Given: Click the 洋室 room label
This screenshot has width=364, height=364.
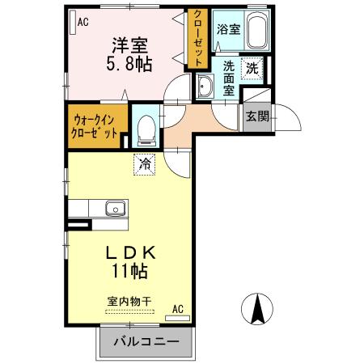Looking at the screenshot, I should [128, 44].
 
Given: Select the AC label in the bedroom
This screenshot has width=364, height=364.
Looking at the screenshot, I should [83, 23].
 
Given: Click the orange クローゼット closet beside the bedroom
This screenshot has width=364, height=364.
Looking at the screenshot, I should [197, 39].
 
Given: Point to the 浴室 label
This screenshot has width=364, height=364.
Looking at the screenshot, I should [228, 29].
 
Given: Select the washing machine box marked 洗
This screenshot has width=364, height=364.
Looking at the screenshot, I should [252, 69].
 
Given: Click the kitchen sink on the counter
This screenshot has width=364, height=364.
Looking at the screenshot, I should [115, 210].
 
